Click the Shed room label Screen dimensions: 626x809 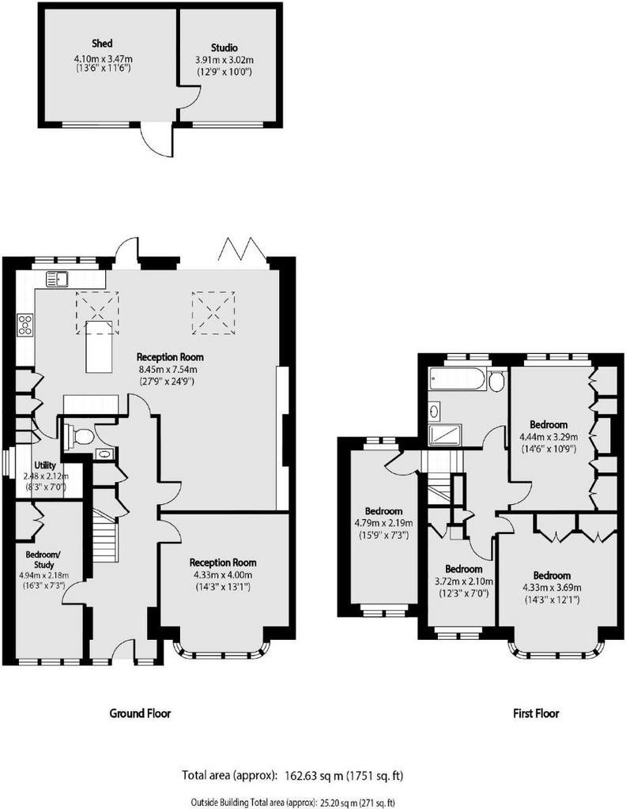(102, 43)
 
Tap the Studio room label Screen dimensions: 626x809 (224, 48)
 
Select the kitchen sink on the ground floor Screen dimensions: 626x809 (58, 279)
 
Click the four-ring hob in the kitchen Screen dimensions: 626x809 (25, 325)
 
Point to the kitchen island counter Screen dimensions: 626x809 (98, 346)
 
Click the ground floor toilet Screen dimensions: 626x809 (80, 437)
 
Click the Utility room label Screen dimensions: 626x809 (44, 465)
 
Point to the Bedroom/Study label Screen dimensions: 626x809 (43, 560)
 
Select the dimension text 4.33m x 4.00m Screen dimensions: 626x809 (223, 575)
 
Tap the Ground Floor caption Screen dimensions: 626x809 (140, 713)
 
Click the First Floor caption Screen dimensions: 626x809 (536, 713)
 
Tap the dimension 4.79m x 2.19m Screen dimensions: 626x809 (383, 523)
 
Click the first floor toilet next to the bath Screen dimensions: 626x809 (497, 382)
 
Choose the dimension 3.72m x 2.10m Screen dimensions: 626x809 (463, 581)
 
